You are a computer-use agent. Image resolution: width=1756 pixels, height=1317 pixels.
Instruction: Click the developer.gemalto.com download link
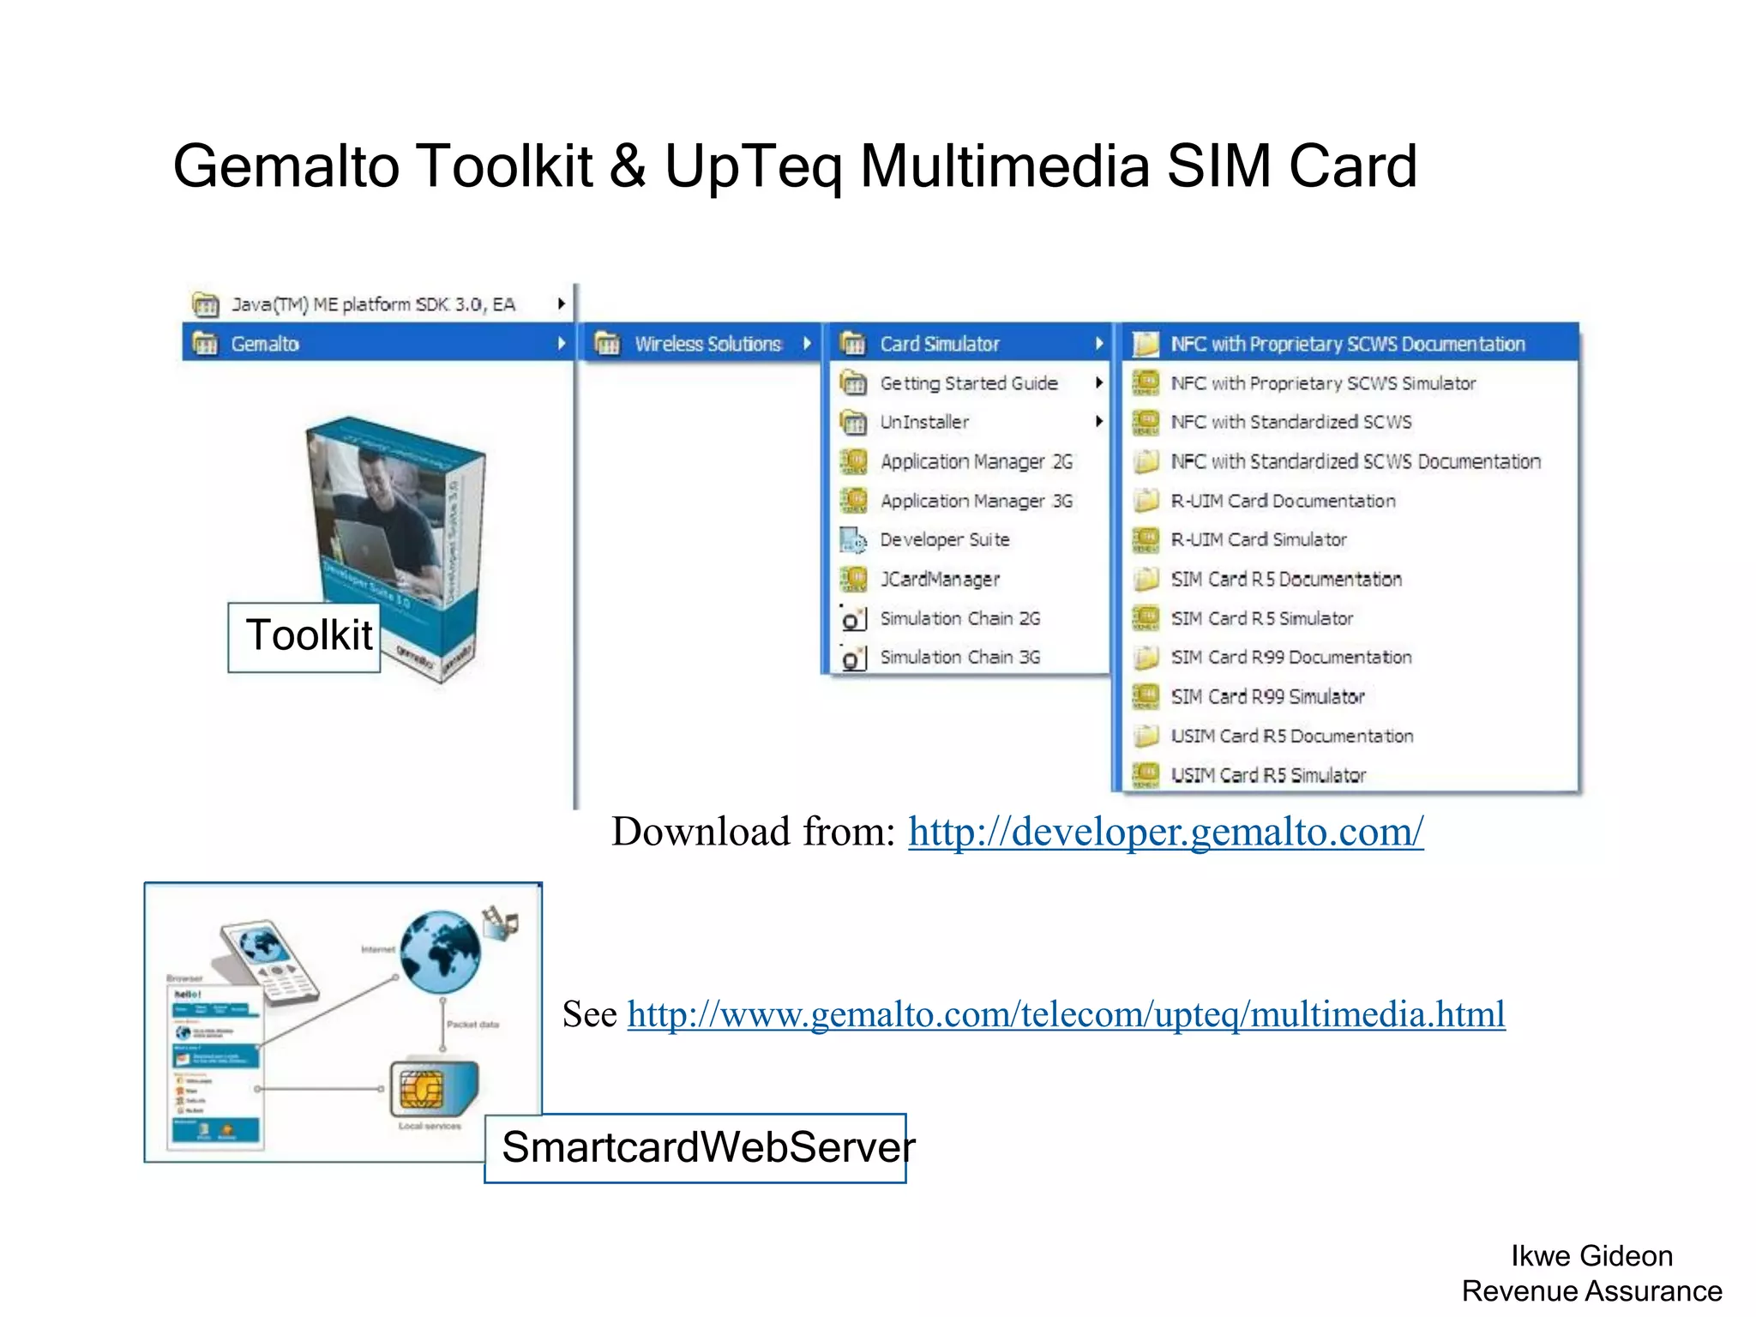point(1165,832)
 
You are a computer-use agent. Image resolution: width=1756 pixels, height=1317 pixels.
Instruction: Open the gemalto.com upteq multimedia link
point(1066,1014)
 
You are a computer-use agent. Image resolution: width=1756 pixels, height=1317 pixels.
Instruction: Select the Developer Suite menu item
point(944,540)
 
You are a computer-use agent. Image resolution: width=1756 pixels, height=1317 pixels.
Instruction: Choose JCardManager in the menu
point(940,580)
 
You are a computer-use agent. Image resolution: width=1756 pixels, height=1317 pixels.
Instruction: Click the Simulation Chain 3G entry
point(959,658)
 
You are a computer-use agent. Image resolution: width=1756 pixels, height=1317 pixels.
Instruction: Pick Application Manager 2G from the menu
point(976,462)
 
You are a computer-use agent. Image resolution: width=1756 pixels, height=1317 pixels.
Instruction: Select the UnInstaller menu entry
point(924,423)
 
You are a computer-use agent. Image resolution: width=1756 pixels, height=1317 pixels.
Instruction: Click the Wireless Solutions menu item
point(707,345)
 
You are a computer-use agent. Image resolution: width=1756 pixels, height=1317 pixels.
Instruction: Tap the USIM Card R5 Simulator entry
point(1267,776)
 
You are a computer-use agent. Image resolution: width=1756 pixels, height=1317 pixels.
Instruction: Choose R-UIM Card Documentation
point(1283,502)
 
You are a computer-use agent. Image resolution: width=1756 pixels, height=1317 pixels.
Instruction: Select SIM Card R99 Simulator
point(1267,697)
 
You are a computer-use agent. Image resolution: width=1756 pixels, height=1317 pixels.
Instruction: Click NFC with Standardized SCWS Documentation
point(1355,462)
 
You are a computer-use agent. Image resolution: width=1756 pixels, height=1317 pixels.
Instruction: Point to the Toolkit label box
point(304,636)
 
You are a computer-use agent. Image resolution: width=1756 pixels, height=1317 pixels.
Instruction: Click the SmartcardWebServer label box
point(695,1148)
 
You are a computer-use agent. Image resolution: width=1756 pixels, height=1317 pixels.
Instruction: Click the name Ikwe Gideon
point(1591,1256)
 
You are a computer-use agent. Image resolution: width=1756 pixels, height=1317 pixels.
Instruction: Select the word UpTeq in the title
point(753,166)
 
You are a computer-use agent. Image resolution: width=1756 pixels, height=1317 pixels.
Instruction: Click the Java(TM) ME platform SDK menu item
point(373,305)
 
